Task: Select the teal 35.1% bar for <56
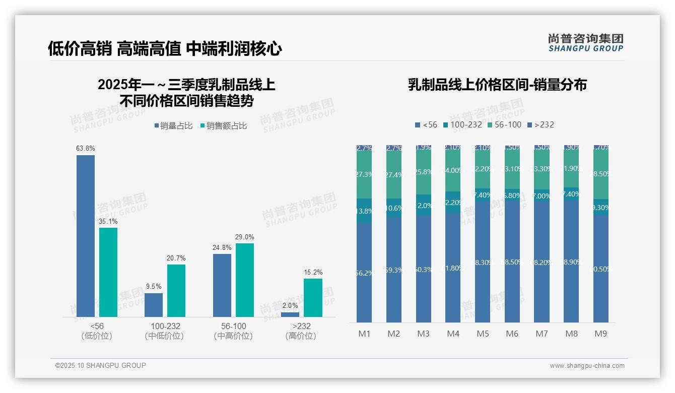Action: coord(108,272)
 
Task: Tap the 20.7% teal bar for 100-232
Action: coord(176,291)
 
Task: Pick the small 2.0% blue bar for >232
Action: coord(290,314)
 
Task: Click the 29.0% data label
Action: coord(245,237)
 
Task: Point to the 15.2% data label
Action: coord(313,272)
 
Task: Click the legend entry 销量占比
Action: coord(173,126)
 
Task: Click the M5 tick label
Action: coord(483,334)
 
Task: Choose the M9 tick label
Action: coord(600,334)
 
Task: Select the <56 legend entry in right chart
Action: coord(426,124)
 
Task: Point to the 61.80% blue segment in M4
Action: coord(453,268)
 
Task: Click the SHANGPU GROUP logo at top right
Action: coord(586,42)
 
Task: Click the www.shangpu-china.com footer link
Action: coord(587,366)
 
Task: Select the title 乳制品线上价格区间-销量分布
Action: coord(497,85)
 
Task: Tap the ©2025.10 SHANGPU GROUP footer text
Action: coord(101,365)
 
